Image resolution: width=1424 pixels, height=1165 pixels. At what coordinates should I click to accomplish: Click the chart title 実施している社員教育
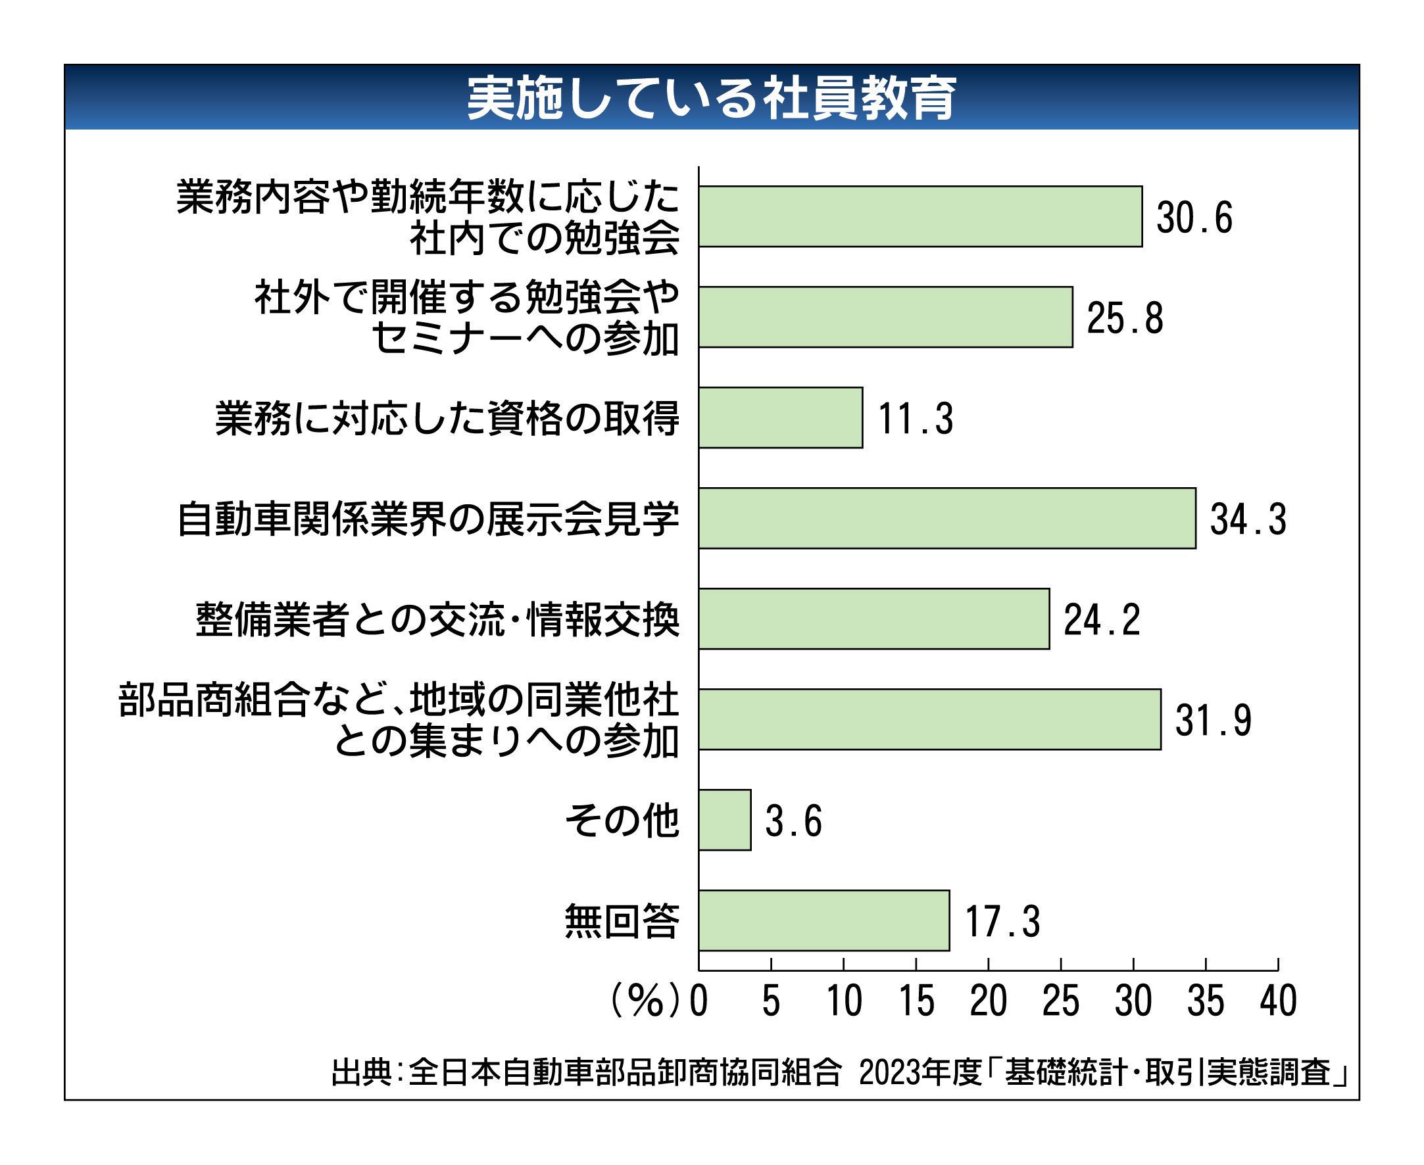tap(712, 99)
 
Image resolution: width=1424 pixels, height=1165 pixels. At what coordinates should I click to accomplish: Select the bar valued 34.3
tap(946, 518)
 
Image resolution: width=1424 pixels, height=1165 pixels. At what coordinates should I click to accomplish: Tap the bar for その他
tap(724, 820)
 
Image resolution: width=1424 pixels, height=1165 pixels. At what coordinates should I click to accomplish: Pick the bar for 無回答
tap(823, 920)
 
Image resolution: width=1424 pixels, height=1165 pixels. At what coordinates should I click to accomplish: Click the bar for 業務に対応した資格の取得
tap(780, 417)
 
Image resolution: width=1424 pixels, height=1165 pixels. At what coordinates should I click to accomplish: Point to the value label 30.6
tap(1194, 218)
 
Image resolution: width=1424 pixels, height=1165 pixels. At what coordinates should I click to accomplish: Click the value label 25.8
tap(1125, 318)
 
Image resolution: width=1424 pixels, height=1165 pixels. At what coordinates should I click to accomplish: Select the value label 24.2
tap(1102, 619)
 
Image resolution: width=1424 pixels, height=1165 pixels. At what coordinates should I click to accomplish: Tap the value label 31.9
tap(1213, 720)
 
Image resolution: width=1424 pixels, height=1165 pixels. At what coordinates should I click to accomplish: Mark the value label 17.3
tap(1002, 921)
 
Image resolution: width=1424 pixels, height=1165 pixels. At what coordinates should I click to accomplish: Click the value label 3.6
tap(794, 820)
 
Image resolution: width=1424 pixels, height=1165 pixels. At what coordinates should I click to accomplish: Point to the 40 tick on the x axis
tap(1277, 1002)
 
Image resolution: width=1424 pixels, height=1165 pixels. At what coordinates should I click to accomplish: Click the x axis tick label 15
tap(916, 1002)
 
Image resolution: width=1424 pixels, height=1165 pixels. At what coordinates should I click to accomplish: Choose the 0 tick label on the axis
tap(699, 1002)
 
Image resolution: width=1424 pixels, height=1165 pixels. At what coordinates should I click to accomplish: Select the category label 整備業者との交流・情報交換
tap(438, 619)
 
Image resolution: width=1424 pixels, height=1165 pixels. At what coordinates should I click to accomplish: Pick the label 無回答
tap(622, 921)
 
